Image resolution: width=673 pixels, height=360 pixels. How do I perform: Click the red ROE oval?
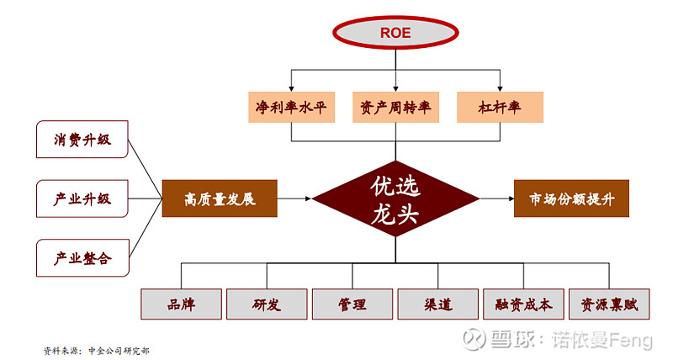pyautogui.click(x=395, y=34)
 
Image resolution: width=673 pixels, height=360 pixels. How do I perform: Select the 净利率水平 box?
pyautogui.click(x=290, y=108)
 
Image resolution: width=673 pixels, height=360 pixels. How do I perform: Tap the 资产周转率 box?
pyautogui.click(x=395, y=108)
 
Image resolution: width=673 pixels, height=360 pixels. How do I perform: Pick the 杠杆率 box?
pyautogui.click(x=500, y=108)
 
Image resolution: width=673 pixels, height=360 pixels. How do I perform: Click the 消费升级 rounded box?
pyautogui.click(x=83, y=140)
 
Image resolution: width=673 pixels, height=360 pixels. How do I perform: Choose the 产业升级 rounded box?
pyautogui.click(x=83, y=199)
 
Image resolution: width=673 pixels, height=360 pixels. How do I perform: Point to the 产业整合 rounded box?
pyautogui.click(x=83, y=257)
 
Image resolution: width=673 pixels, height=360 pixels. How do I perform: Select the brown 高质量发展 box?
pyautogui.click(x=220, y=199)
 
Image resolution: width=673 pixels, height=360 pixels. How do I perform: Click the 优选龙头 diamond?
pyautogui.click(x=395, y=199)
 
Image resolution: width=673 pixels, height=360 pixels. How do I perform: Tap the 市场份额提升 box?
pyautogui.click(x=571, y=199)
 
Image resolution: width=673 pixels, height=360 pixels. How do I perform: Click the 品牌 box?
pyautogui.click(x=182, y=304)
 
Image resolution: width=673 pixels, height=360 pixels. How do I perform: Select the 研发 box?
pyautogui.click(x=267, y=304)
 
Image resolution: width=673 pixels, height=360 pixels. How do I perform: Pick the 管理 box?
pyautogui.click(x=352, y=304)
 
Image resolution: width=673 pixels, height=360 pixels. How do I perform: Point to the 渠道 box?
pyautogui.click(x=438, y=304)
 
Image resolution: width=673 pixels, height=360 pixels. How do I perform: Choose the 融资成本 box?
pyautogui.click(x=523, y=304)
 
